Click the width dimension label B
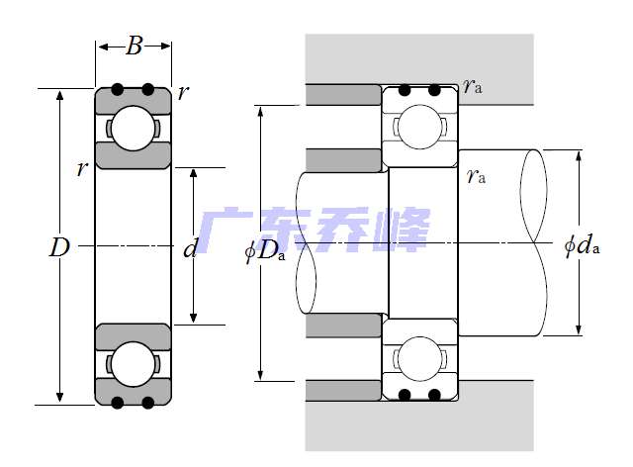(135, 46)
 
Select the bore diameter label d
(191, 248)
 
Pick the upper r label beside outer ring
(184, 93)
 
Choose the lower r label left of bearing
(81, 168)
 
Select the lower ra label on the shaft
(476, 176)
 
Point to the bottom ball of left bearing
(133, 363)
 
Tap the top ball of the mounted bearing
(419, 127)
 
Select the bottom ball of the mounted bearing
(419, 357)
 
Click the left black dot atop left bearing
(118, 90)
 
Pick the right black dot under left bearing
(148, 402)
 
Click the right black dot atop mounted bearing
(434, 90)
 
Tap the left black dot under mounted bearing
(404, 395)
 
